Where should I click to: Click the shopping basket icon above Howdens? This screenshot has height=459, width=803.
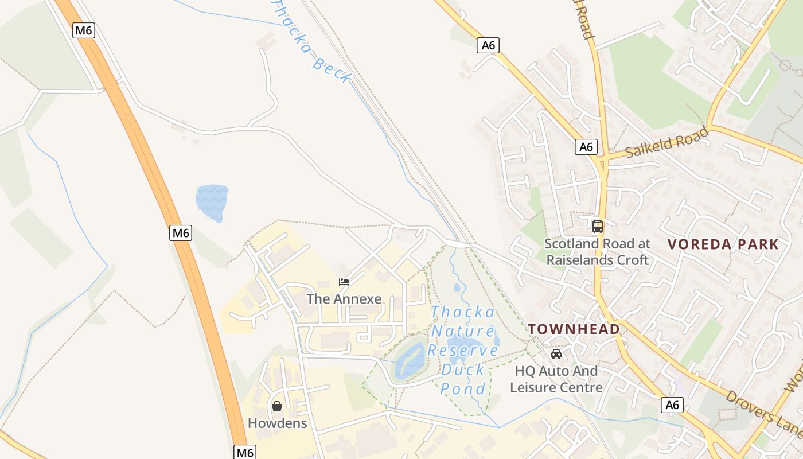point(277,406)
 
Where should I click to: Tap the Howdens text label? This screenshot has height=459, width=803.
point(277,423)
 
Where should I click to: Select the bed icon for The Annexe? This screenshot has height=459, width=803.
point(344,282)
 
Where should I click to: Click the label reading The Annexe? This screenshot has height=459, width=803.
point(344,299)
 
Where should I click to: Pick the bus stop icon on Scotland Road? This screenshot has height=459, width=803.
point(598,226)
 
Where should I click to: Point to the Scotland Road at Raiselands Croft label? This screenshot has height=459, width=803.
point(597,251)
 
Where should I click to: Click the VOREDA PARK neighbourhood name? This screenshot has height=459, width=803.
point(723,244)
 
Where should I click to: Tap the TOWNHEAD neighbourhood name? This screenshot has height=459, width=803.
point(574,329)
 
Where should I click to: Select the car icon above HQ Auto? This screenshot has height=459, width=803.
point(556,354)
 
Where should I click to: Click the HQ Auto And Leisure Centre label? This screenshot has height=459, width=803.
point(556,379)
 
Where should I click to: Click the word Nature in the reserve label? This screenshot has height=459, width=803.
point(462,331)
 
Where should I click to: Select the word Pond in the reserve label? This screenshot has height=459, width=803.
point(462,388)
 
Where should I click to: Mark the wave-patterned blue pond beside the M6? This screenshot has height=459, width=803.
point(212,203)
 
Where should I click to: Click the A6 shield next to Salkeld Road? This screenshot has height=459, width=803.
point(586,147)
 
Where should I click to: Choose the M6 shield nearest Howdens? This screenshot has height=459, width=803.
point(245,452)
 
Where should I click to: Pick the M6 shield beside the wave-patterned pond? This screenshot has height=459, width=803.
point(181,233)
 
